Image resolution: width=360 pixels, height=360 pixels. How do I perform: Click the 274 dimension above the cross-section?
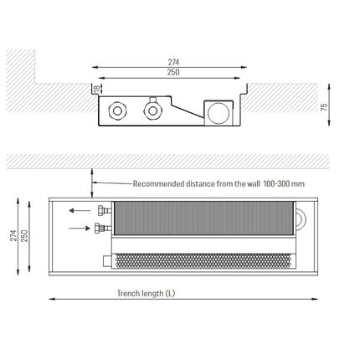coord(173,62)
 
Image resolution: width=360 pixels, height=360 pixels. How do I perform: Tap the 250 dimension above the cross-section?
coord(173,72)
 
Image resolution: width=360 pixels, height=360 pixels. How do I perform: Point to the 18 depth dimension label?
coord(96,89)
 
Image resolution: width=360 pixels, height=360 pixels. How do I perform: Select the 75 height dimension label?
coord(324,107)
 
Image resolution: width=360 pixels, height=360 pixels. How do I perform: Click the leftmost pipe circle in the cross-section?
coord(117,111)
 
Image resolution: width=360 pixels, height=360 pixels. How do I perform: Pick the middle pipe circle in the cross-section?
coord(152,111)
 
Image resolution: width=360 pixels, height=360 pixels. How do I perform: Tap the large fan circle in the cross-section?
coord(219,113)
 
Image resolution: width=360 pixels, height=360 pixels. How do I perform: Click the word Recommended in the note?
coord(159,184)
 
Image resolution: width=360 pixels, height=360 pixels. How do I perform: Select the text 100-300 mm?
coord(284,184)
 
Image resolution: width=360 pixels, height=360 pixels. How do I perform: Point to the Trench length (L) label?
coord(146,294)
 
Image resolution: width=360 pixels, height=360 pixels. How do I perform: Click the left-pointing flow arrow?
coord(80,210)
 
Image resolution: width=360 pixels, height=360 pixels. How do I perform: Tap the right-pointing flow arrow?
coord(80,229)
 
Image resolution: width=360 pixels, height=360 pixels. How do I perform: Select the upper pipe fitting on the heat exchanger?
coord(105,210)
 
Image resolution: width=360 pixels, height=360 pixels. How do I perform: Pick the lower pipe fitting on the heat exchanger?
coord(103,229)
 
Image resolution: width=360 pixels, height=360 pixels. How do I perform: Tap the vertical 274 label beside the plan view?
coord(13,236)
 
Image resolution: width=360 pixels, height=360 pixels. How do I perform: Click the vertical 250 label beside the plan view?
coord(25,236)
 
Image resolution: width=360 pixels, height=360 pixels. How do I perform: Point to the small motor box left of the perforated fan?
coord(107,261)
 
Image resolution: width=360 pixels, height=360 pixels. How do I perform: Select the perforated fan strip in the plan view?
coord(203,261)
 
